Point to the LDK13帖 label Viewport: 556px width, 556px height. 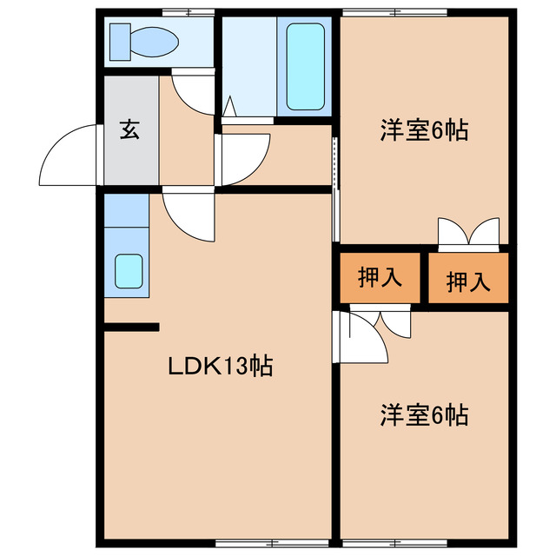[x=220, y=367]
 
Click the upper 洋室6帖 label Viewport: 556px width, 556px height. [x=424, y=130]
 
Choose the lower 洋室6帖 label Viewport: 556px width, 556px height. [x=424, y=415]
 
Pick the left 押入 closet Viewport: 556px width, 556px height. [x=381, y=278]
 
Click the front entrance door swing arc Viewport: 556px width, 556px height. [x=68, y=155]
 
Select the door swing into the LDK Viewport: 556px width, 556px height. [x=187, y=215]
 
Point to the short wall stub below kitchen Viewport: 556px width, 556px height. [x=132, y=327]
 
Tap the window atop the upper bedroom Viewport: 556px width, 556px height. [x=395, y=12]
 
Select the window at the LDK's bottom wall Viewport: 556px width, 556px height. [x=252, y=544]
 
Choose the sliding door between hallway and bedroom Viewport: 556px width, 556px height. [x=334, y=187]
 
